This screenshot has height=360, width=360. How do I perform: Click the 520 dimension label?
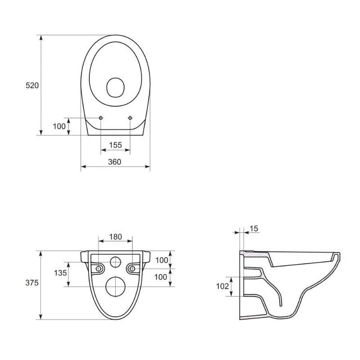coord(32,85)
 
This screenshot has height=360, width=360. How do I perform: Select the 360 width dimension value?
coord(115,162)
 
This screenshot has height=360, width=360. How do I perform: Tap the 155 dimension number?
coord(115,145)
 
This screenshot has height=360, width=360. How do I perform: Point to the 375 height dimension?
coord(32,283)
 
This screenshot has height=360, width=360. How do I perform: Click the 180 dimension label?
coord(116,237)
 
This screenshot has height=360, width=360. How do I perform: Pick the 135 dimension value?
coord(60,273)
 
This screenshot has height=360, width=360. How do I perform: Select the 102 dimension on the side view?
coord(223,286)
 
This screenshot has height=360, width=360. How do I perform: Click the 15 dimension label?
coord(254,229)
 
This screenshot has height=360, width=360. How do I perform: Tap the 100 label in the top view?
coord(59,126)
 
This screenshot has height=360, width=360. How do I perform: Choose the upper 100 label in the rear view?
coord(162,260)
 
